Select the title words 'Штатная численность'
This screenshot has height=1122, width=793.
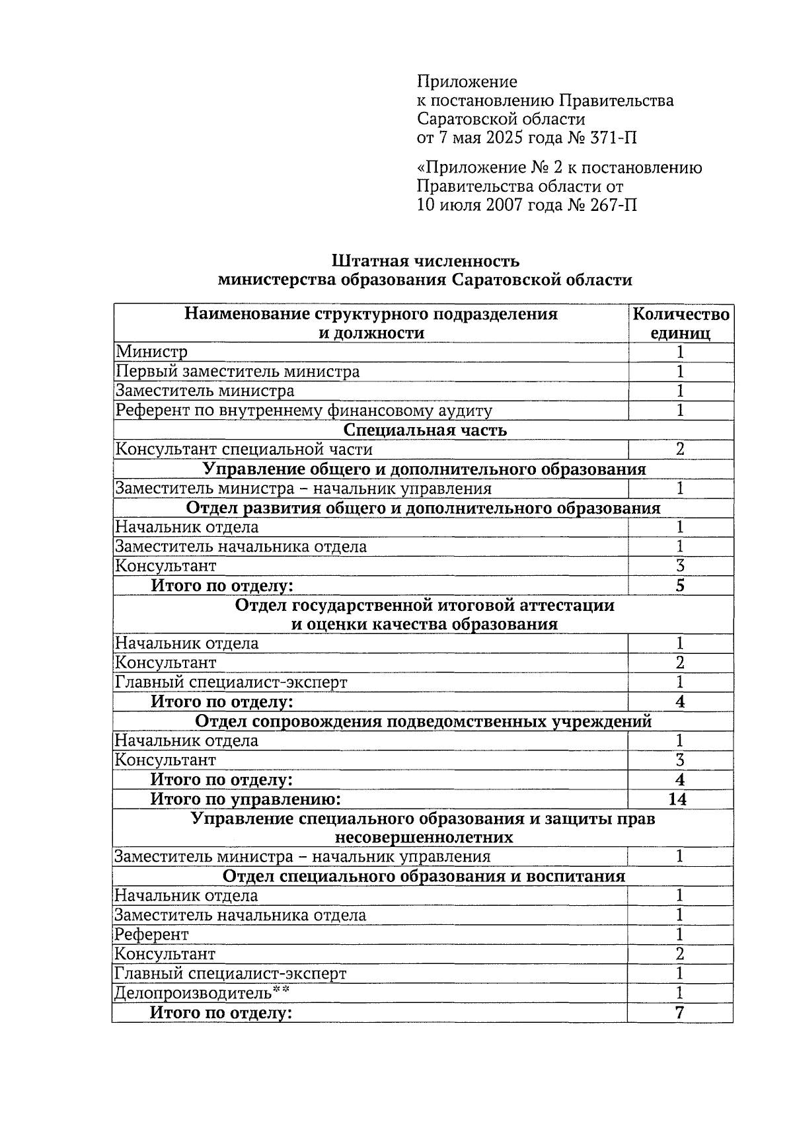click(425, 261)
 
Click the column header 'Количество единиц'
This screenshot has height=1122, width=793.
click(681, 323)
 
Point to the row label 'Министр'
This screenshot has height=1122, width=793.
click(152, 352)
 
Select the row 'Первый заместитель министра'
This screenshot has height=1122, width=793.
click(238, 372)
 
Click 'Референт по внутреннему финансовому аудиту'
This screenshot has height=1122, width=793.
click(304, 411)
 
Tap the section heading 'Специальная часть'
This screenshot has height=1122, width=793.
click(425, 430)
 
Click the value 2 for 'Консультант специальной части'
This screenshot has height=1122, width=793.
click(680, 450)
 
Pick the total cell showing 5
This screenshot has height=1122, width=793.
click(680, 586)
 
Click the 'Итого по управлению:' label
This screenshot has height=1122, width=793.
click(245, 799)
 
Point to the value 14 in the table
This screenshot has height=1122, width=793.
click(678, 799)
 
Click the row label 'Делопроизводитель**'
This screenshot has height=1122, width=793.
click(202, 993)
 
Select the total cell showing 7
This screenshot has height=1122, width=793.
click(680, 1013)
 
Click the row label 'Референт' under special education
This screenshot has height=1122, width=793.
click(151, 935)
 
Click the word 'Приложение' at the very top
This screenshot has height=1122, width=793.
click(467, 82)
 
